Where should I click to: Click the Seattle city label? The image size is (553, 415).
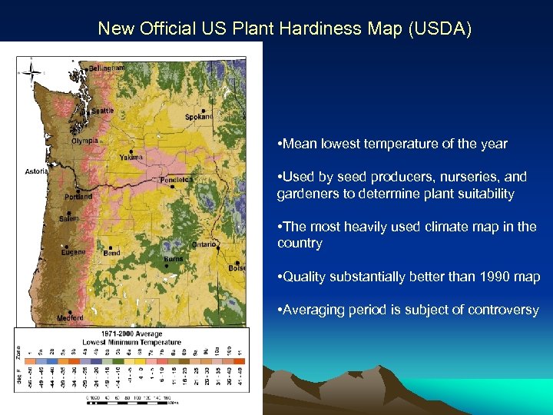(x=102, y=111)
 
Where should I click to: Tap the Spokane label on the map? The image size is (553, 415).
(x=199, y=117)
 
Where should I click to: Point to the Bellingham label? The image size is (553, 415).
(x=106, y=68)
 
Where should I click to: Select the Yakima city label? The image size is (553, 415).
(x=130, y=158)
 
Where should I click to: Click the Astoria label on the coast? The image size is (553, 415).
(x=35, y=171)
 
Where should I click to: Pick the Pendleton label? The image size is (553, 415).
(x=176, y=180)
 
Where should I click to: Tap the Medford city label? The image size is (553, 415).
(x=70, y=317)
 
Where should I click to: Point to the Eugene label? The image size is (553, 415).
(x=74, y=252)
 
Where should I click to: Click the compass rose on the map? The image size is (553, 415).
(x=31, y=72)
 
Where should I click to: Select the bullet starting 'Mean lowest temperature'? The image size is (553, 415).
(x=394, y=144)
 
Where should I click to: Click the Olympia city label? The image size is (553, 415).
(x=84, y=141)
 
